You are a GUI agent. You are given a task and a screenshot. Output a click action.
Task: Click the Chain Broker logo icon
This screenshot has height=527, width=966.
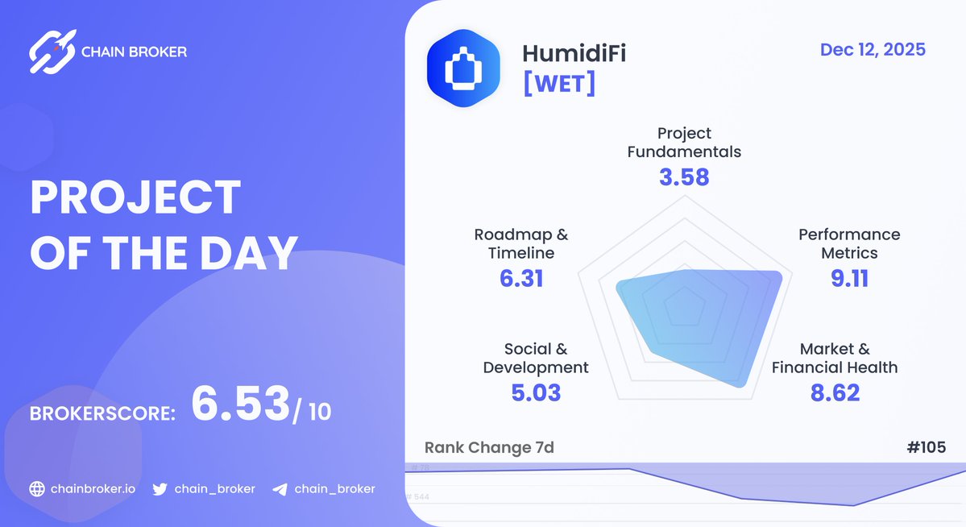[52, 52]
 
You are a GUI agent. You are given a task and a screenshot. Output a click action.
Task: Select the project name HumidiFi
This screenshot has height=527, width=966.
[574, 54]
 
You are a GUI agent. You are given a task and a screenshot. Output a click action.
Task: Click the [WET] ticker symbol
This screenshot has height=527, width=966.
[559, 83]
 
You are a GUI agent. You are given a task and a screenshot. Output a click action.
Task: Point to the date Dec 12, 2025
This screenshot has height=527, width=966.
[873, 50]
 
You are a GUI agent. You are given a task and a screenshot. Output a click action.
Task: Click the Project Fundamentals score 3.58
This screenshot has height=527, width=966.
[684, 177]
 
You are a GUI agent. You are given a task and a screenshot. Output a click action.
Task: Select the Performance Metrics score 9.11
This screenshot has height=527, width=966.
[849, 279]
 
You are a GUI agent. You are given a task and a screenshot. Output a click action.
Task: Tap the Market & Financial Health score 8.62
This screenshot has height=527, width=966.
[835, 392]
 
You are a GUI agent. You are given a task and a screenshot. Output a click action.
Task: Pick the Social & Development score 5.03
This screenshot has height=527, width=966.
[536, 393]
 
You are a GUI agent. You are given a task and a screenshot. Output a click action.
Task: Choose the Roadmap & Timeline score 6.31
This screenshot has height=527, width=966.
[520, 279]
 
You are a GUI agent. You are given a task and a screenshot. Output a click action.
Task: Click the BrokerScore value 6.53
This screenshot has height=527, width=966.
[240, 405]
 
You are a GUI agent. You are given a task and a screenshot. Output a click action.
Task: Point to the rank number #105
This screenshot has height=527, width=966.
[925, 447]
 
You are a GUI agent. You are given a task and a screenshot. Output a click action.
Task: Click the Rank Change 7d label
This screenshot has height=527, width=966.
[489, 447]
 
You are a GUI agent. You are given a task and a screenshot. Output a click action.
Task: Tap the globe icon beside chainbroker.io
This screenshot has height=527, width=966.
[36, 489]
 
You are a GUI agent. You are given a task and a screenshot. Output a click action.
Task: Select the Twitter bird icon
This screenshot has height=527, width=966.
[160, 489]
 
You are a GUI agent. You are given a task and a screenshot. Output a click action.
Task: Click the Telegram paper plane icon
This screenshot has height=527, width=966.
[280, 489]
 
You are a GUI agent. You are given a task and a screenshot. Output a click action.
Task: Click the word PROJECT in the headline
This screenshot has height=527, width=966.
[135, 198]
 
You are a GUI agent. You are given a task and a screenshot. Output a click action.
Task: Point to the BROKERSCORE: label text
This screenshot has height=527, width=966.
[102, 414]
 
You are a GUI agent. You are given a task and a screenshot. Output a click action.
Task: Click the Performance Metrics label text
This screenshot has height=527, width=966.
[849, 243]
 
